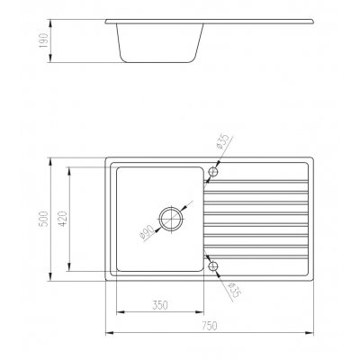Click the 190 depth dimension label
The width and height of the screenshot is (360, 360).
point(44,40)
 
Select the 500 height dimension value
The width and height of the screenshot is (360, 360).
point(44,219)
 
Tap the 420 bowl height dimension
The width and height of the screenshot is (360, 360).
point(63,219)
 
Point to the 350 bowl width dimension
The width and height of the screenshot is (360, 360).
point(160,305)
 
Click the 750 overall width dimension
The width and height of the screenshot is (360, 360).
point(209,326)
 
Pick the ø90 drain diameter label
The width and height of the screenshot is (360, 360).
point(147,233)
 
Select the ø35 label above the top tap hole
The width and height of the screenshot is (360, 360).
point(223,140)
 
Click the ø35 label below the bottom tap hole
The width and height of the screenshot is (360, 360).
point(234,290)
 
